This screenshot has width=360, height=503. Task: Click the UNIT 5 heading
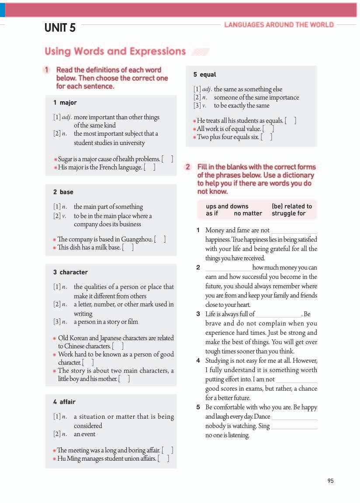click(60, 28)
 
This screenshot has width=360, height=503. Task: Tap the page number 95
click(330, 481)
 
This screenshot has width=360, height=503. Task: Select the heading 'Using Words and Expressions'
click(115, 52)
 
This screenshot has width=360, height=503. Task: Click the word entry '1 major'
click(65, 103)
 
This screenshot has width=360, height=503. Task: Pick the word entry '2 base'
click(63, 192)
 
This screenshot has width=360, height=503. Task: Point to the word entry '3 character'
click(70, 272)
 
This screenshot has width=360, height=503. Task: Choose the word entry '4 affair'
click(64, 402)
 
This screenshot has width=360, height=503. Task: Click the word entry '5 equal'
click(204, 75)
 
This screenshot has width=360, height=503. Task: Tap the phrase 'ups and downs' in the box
click(227, 206)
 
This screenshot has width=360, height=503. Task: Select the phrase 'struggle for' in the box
click(288, 214)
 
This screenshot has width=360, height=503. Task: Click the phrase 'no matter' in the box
click(248, 214)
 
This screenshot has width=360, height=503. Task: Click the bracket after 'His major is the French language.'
click(149, 167)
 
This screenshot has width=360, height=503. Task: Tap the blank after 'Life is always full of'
click(279, 314)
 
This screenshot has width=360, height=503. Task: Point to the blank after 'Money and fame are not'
click(294, 231)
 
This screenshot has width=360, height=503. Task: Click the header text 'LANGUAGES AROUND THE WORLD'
click(279, 25)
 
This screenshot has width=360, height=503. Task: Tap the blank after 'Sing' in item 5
click(294, 426)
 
